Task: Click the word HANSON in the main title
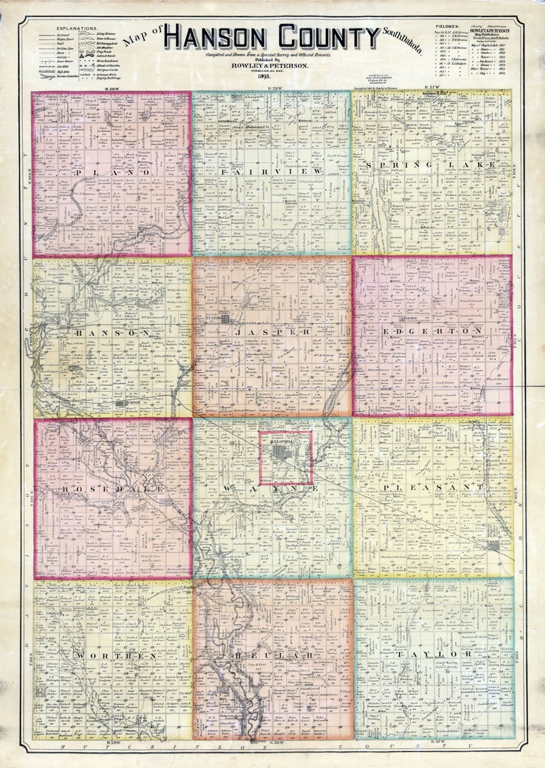[209, 38]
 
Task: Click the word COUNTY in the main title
[320, 38]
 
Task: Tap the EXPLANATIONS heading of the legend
[76, 28]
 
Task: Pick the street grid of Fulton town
[225, 318]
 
